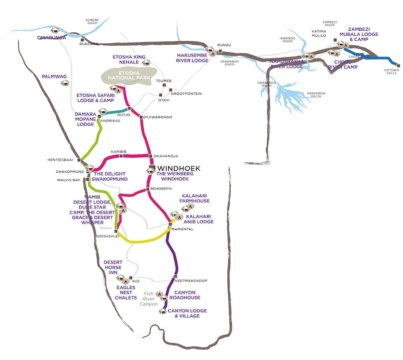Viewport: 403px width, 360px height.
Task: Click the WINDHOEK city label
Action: click(x=178, y=169)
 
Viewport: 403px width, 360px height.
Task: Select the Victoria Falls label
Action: click(x=391, y=72)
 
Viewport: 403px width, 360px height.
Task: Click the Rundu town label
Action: click(x=224, y=45)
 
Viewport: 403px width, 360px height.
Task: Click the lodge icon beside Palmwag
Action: click(x=64, y=83)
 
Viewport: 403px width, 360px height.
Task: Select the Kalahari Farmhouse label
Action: click(x=196, y=198)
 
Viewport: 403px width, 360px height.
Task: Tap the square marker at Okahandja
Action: click(x=150, y=156)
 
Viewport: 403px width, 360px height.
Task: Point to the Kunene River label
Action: click(x=93, y=22)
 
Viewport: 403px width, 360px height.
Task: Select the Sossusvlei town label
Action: click(x=106, y=236)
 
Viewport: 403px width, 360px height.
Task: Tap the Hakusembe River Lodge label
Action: click(x=192, y=58)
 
